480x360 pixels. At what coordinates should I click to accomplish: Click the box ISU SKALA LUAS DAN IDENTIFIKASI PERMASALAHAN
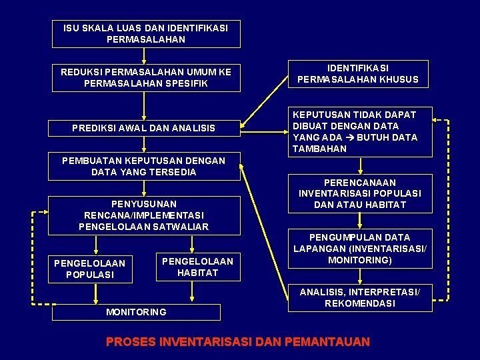point(146,33)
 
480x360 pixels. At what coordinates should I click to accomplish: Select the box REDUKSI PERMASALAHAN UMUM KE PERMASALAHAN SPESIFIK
point(146,78)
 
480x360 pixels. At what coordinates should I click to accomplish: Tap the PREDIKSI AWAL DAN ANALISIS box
point(144,128)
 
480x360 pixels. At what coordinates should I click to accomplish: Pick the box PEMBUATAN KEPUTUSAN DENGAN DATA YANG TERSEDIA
point(144,166)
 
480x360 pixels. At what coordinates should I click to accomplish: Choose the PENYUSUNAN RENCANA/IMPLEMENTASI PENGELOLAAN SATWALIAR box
point(144,215)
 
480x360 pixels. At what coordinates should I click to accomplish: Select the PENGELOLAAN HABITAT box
point(197,267)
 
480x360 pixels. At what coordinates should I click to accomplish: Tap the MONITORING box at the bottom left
point(137,312)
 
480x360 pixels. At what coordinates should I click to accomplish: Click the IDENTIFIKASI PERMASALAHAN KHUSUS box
point(358,73)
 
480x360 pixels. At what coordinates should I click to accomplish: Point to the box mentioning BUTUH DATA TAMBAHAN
point(360,132)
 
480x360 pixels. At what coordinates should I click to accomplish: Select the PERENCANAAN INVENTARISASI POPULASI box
point(360,193)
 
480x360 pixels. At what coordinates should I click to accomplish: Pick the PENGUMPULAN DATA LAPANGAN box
point(360,249)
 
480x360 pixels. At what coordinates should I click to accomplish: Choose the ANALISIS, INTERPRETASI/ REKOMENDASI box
point(360,297)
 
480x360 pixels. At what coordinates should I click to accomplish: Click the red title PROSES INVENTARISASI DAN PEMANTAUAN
point(238,342)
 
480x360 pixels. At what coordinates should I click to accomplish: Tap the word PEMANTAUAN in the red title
point(327,342)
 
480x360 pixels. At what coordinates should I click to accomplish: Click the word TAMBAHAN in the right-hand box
point(319,149)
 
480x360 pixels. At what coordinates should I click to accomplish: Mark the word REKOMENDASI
point(360,303)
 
